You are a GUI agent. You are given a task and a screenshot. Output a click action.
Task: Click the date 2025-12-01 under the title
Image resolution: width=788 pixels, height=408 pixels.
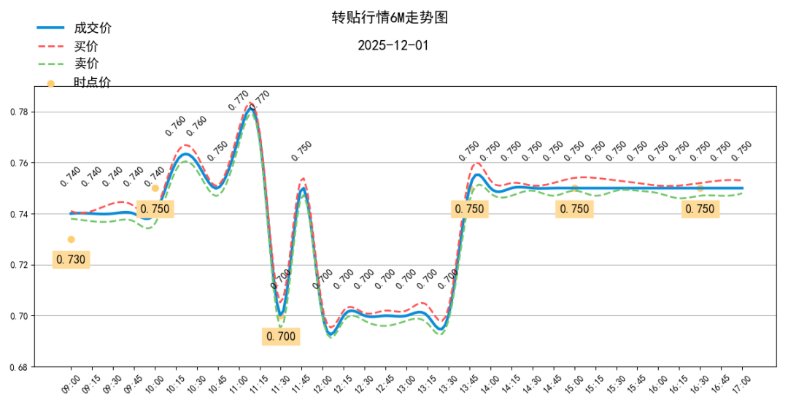point(393,45)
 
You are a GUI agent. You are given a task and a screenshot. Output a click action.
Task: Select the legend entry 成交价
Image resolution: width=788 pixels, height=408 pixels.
point(93,28)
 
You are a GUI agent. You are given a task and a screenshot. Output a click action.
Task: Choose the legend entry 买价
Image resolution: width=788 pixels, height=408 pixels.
point(86,46)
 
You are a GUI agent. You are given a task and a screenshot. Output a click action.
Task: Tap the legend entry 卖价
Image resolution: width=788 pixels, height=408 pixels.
point(86,63)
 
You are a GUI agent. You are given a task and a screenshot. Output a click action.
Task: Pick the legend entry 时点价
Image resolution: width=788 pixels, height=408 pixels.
point(93,82)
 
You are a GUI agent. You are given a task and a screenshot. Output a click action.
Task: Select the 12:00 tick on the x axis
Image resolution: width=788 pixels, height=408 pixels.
point(323,384)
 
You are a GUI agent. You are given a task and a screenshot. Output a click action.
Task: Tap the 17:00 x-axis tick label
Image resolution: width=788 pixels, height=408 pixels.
point(743,384)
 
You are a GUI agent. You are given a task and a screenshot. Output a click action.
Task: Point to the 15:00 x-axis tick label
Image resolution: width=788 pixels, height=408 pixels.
point(575,384)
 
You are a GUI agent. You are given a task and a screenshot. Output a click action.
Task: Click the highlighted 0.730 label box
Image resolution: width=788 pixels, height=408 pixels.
point(71,259)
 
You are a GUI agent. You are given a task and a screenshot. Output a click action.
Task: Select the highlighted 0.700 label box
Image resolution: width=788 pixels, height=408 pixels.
point(281,336)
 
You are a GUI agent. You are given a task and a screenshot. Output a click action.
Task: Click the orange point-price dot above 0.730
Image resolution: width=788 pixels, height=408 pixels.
point(71,239)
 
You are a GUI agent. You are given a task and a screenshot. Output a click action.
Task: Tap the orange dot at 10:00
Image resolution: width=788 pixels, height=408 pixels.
point(155,188)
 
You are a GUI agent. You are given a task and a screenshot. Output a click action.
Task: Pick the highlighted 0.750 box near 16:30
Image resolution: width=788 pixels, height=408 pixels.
point(700,209)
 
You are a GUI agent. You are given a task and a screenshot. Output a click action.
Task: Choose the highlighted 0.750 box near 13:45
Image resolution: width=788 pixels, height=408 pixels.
point(469,209)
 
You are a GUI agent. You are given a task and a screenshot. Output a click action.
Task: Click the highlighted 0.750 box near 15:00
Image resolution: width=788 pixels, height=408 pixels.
point(574,209)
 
